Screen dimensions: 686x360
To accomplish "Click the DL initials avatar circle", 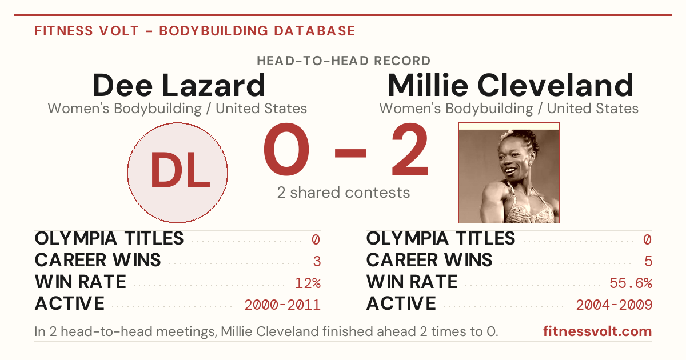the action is [x=178, y=173].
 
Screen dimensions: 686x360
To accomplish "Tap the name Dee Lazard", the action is [x=179, y=85].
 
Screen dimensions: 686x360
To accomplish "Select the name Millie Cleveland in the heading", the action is [x=510, y=85].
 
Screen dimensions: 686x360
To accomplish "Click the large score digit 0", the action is [x=286, y=149].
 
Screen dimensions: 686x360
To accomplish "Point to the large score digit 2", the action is [x=410, y=149].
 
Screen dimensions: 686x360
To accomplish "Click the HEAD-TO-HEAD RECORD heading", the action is [x=344, y=61].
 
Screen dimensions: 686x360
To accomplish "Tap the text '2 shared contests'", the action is [x=344, y=193].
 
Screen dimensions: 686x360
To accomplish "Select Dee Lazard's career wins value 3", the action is [x=317, y=262].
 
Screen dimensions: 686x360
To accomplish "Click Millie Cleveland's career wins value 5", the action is [x=648, y=262].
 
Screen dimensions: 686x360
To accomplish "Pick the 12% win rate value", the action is [x=308, y=283].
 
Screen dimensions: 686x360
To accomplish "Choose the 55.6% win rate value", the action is [x=631, y=283].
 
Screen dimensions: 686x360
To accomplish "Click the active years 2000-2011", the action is [x=282, y=305].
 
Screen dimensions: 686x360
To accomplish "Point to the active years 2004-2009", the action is [x=614, y=305].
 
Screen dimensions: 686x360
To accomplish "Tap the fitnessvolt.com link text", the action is [x=597, y=331].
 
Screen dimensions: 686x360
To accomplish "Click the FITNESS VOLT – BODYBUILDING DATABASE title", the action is [x=195, y=31].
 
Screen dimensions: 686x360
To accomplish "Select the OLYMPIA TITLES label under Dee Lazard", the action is [x=109, y=238].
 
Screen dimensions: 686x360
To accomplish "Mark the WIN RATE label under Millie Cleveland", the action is [x=412, y=282].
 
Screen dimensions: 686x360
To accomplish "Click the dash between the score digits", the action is [x=350, y=153].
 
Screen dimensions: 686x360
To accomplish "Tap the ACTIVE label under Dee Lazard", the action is [x=70, y=303].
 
